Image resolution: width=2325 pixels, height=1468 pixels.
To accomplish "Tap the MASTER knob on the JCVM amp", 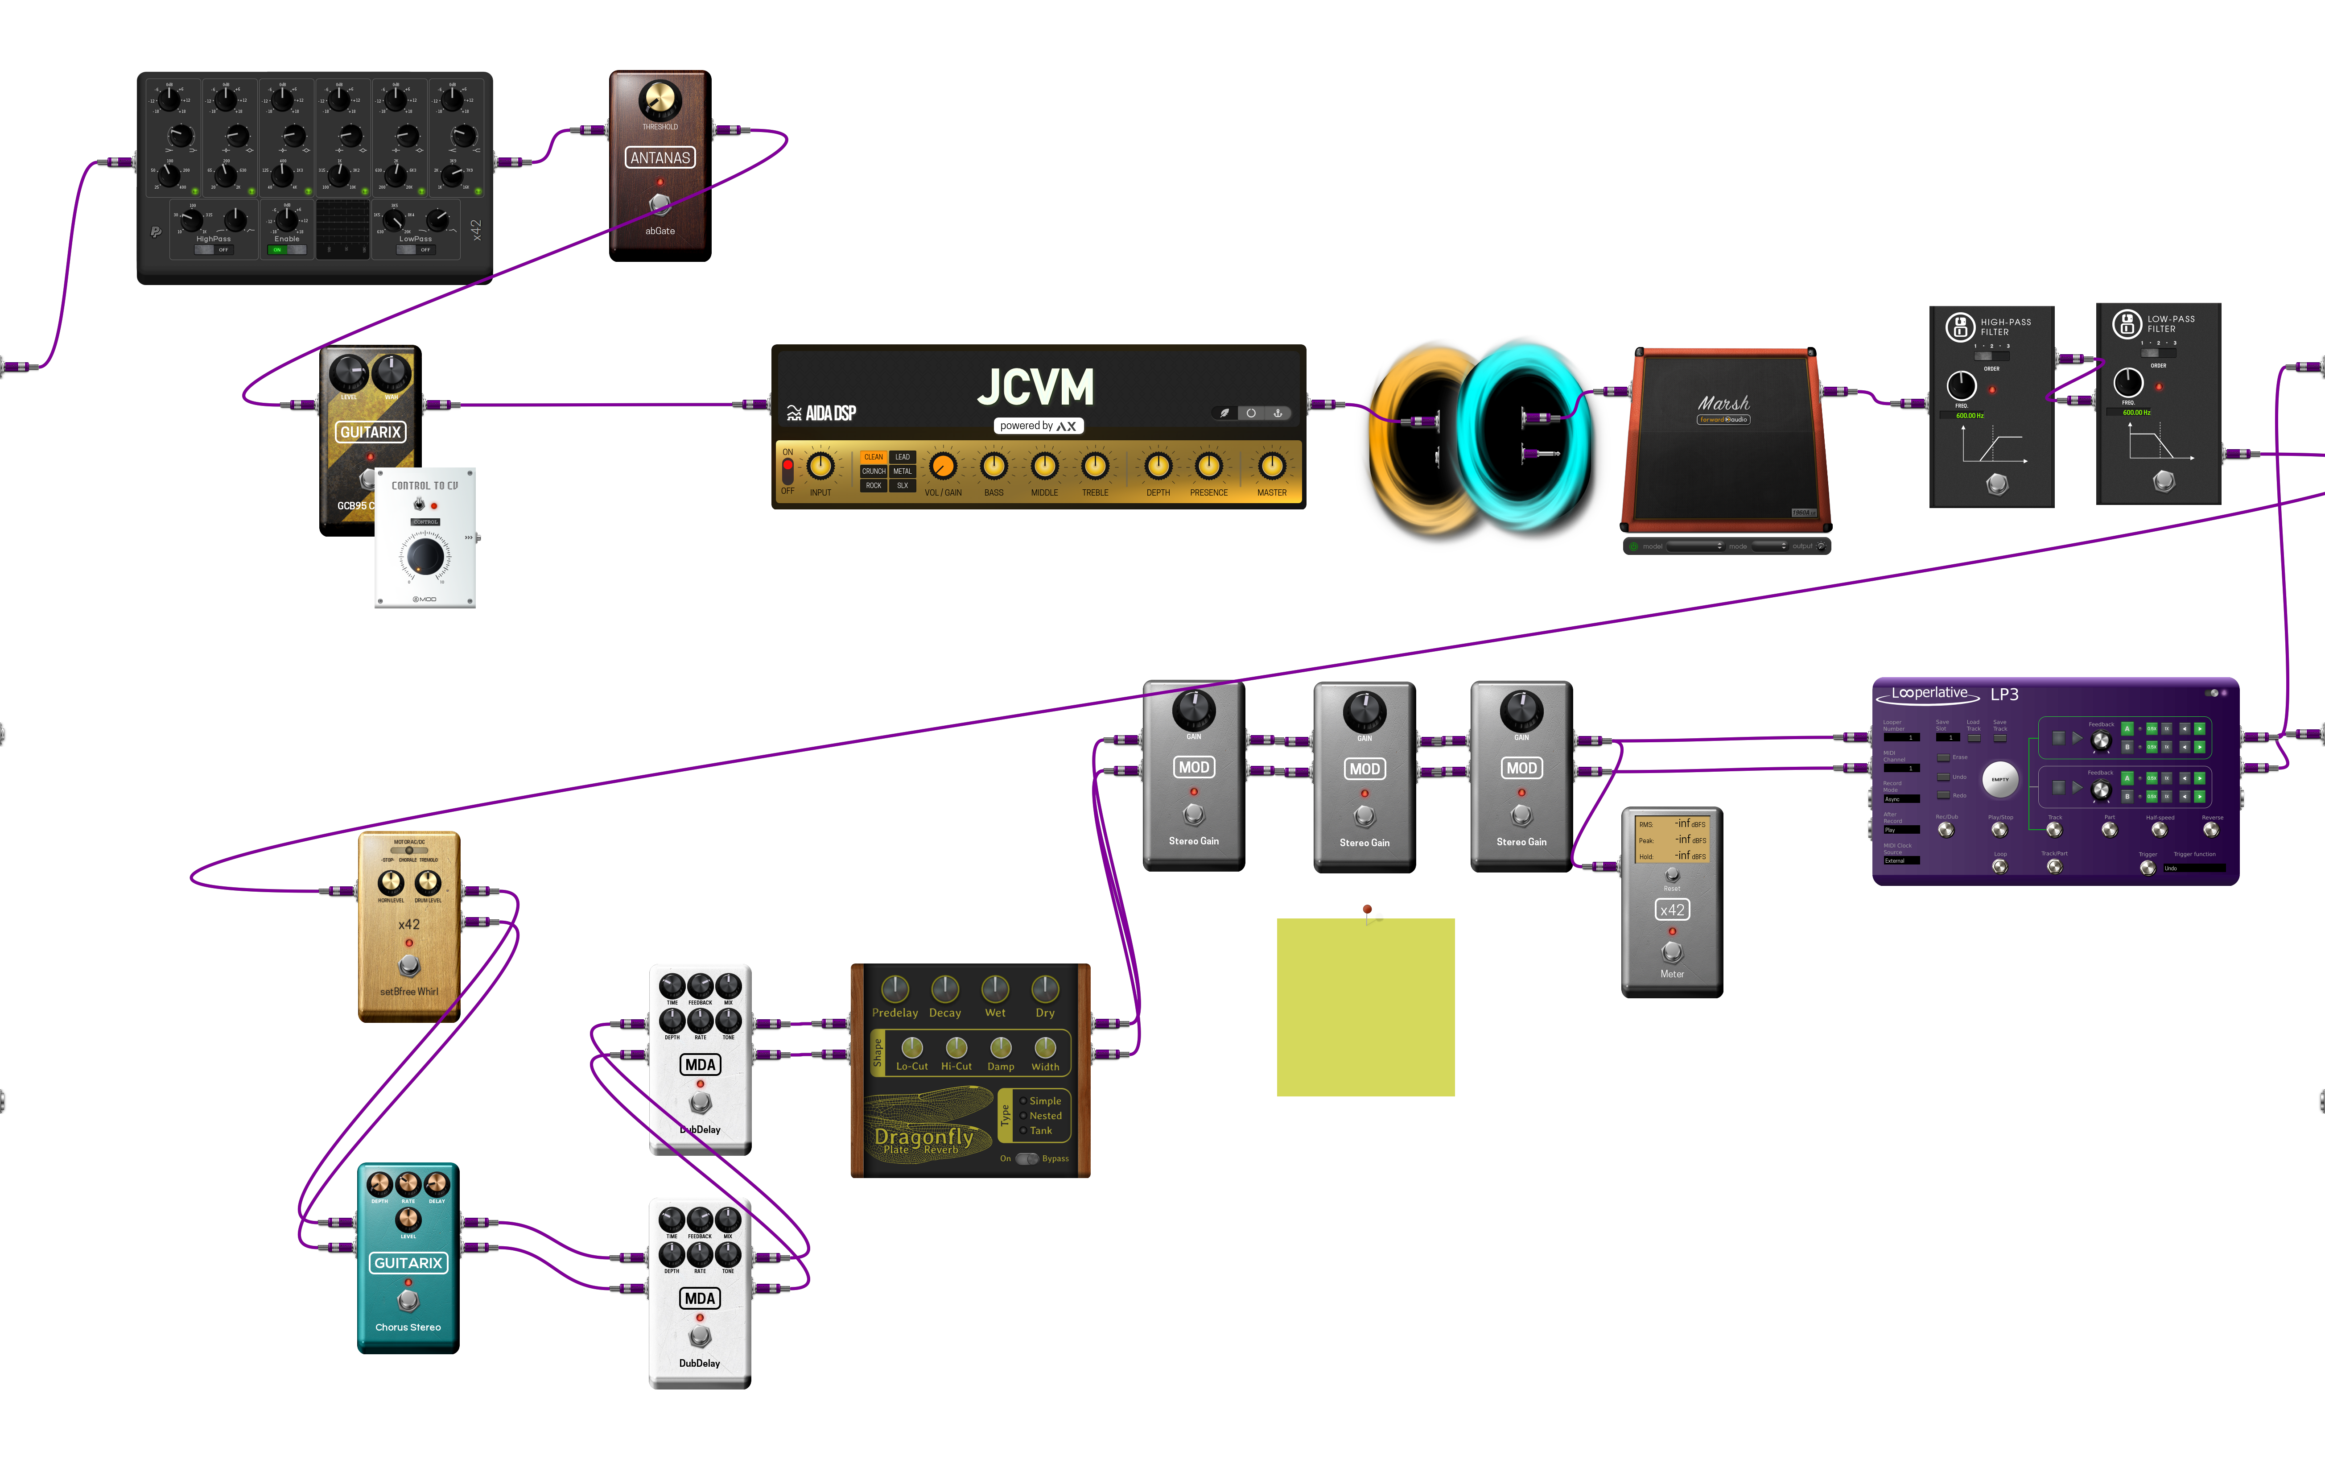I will pos(1272,467).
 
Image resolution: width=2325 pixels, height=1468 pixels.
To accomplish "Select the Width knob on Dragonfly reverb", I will pos(1045,1048).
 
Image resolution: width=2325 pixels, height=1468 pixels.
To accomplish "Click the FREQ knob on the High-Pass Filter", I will pos(1961,385).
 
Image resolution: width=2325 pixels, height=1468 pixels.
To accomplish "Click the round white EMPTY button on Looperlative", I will pos(1999,779).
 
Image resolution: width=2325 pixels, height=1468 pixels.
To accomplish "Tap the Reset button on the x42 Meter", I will pos(1672,875).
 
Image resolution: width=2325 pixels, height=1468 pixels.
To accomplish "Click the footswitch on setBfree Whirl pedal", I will pos(409,965).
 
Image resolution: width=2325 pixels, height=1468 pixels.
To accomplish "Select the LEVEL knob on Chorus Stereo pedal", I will pos(408,1220).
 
